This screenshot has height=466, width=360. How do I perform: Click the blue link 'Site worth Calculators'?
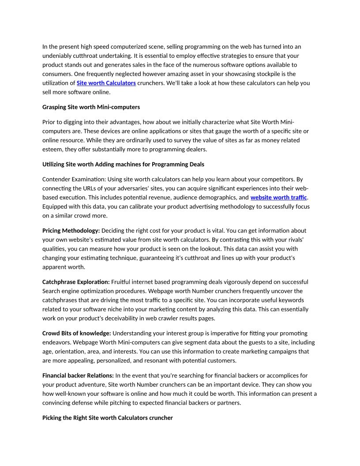(x=106, y=83)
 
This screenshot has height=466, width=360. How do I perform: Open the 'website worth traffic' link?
(x=278, y=197)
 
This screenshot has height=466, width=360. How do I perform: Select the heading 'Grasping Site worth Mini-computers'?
(x=91, y=107)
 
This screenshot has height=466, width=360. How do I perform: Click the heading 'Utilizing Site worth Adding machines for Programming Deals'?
(x=123, y=164)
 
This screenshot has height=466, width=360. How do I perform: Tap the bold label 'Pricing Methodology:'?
(x=71, y=230)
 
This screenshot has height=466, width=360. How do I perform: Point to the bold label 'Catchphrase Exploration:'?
(x=76, y=282)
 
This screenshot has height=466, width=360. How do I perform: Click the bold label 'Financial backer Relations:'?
(x=78, y=375)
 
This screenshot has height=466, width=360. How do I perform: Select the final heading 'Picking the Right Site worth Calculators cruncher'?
(x=108, y=417)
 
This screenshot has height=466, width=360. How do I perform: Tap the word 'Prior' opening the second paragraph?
(x=49, y=122)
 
